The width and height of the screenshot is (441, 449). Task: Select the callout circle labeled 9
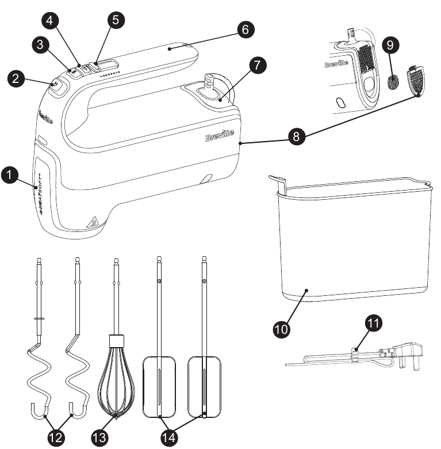pos(393,44)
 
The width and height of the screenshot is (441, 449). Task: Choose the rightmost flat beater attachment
pos(204,386)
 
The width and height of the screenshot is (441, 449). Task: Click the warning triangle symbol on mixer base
pos(74,221)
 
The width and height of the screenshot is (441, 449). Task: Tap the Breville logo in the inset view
pos(336,64)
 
